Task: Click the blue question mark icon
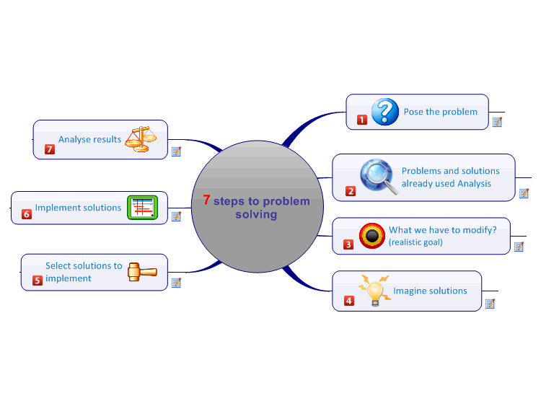(385, 111)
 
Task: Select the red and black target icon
(371, 235)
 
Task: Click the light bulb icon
(374, 290)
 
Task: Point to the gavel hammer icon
(141, 272)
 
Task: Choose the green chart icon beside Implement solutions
(142, 208)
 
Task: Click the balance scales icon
(141, 138)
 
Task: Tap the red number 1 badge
(362, 120)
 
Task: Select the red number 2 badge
(351, 191)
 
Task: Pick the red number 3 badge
(348, 245)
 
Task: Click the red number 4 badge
(349, 301)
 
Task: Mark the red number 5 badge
(38, 281)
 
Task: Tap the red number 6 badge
(27, 214)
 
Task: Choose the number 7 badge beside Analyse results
(50, 149)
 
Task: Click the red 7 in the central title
(206, 200)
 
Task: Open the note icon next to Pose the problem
(497, 122)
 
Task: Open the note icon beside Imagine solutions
(490, 304)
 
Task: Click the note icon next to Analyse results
(176, 151)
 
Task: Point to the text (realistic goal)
(415, 242)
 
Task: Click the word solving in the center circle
(256, 214)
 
